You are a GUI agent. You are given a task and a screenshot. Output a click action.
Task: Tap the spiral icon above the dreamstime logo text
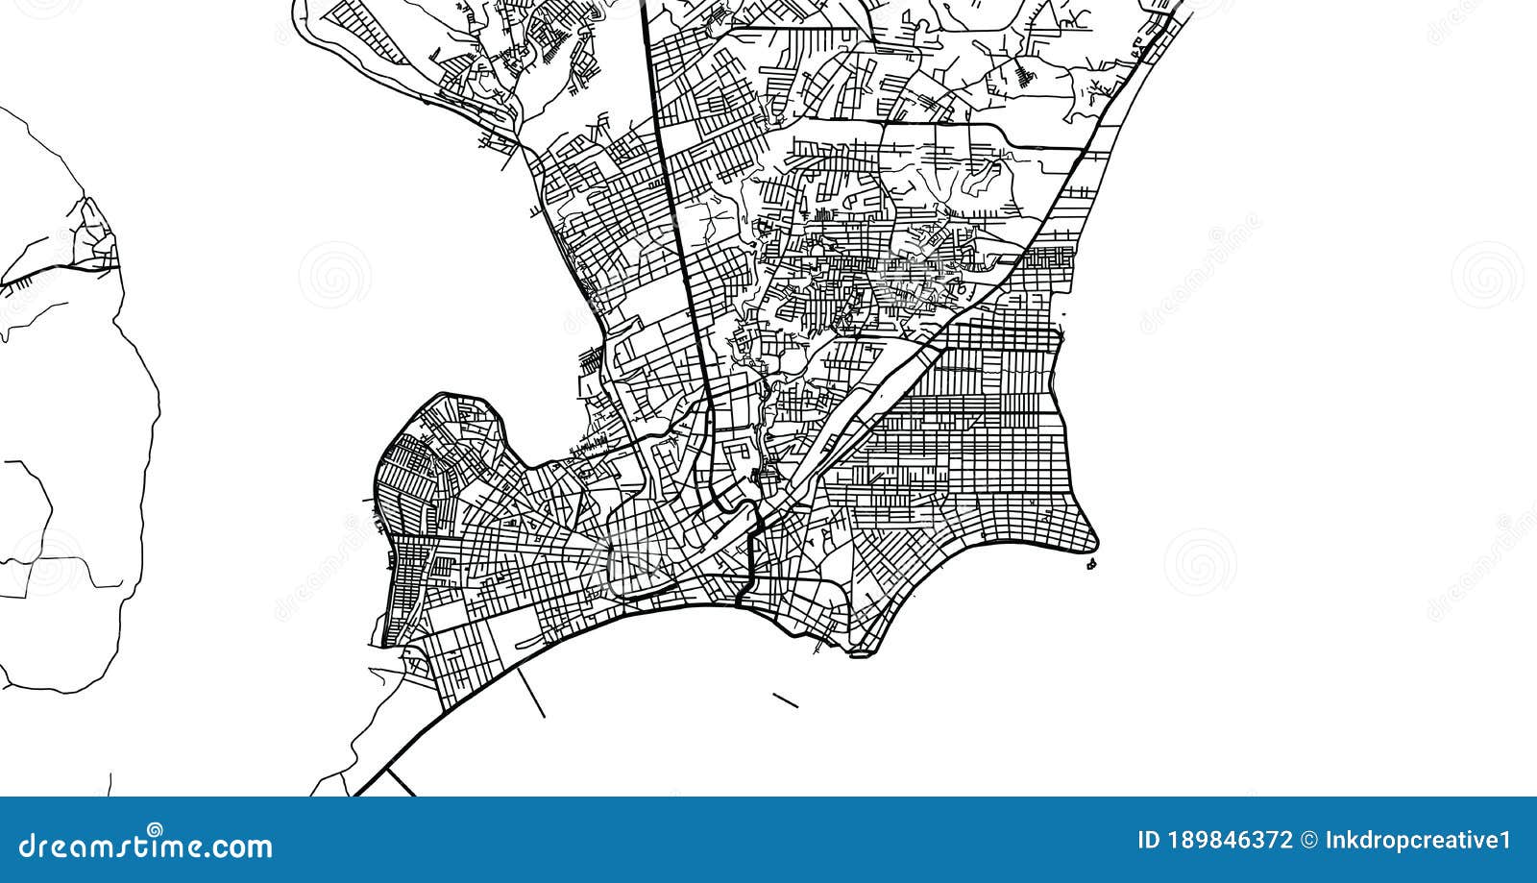[155, 828]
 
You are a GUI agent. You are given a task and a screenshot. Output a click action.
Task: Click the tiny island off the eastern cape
[1090, 565]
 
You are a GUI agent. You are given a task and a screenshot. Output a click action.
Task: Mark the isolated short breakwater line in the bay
[785, 700]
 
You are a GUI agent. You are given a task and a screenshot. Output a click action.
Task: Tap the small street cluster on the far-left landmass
[96, 240]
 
